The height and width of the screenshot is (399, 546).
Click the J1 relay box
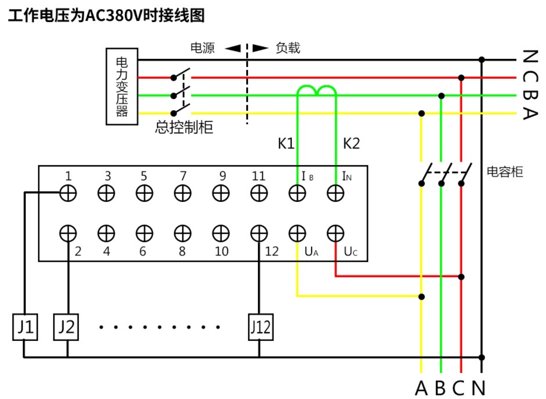click(25, 327)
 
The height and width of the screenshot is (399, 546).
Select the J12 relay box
click(261, 327)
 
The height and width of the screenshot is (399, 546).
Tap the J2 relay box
click(66, 327)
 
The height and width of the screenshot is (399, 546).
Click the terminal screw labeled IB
click(297, 193)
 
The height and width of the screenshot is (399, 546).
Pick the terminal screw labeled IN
click(335, 193)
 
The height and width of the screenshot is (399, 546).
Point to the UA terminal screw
click(297, 233)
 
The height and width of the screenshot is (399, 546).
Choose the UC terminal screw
click(335, 233)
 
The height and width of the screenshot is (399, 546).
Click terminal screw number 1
click(68, 193)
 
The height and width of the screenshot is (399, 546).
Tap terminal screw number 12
click(259, 233)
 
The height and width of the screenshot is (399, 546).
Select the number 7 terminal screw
click(183, 193)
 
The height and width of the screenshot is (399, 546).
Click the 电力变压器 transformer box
click(122, 86)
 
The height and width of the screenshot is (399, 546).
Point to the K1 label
click(286, 144)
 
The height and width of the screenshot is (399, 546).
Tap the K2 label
click(351, 144)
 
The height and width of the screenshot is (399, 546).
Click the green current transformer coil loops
click(316, 90)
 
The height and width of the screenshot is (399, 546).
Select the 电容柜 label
click(505, 171)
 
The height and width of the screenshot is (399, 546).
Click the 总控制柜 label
click(184, 127)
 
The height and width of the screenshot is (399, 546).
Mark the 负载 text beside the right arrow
click(288, 48)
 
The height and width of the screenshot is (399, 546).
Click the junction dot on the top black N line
click(481, 59)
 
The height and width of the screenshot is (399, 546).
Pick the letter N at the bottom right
click(478, 388)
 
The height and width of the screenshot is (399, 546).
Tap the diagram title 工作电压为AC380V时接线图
click(106, 15)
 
